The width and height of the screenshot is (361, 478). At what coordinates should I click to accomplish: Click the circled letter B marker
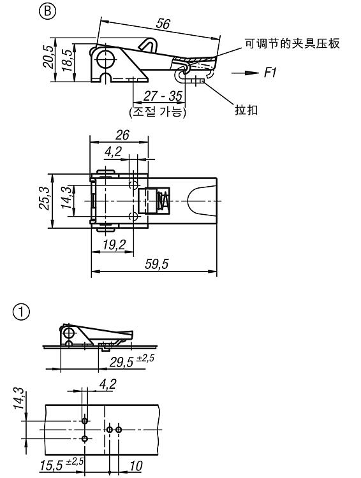coord(48,11)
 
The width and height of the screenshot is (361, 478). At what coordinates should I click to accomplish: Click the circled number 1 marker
coord(22,312)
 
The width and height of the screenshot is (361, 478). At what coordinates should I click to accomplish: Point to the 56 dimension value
coord(163,24)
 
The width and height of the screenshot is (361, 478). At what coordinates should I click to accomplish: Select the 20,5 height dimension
coord(49,57)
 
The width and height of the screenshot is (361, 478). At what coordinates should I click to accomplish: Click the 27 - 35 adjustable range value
coord(163,96)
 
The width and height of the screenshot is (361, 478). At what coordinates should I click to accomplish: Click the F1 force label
coord(270,73)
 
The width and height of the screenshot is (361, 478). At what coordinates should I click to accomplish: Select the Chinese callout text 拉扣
coord(246,110)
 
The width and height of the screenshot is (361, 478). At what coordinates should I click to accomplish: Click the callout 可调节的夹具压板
coord(292,43)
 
